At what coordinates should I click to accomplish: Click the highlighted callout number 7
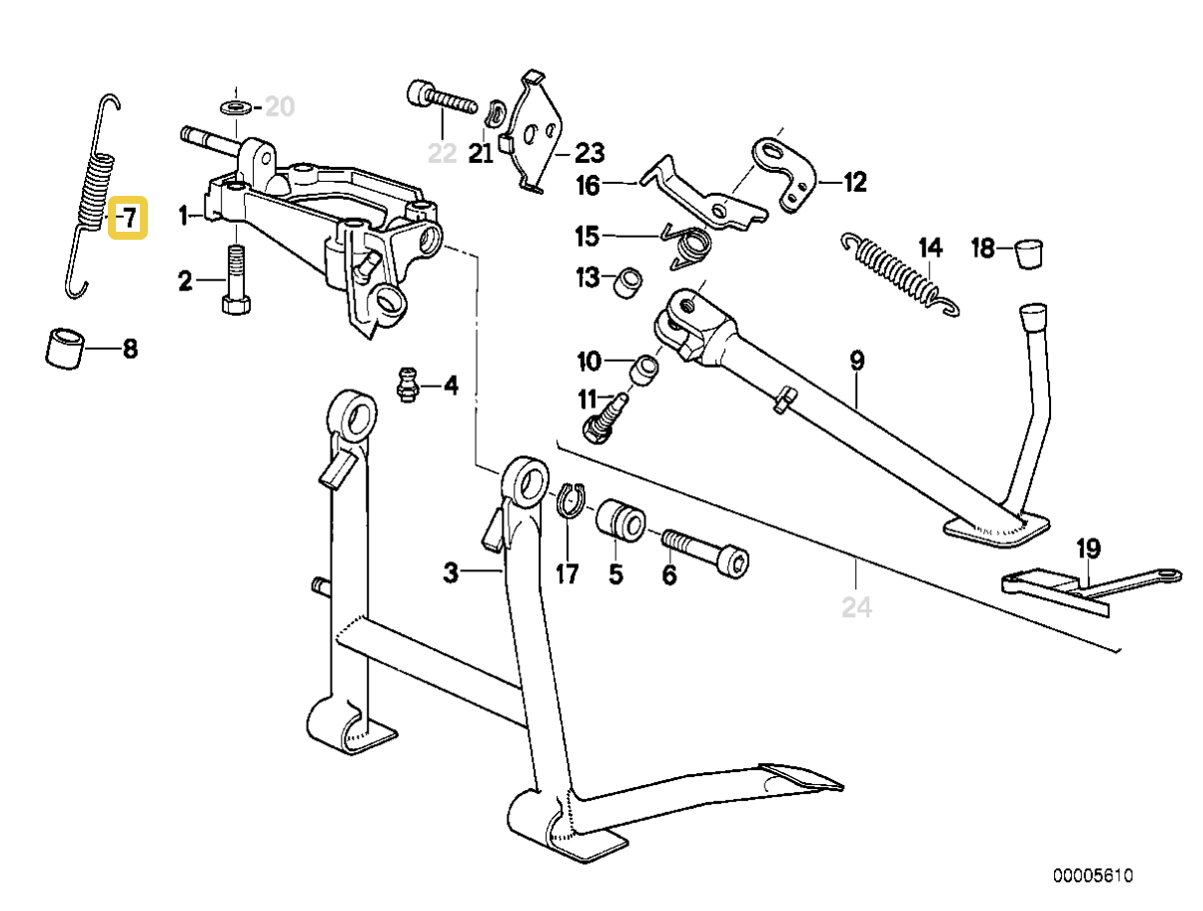pyautogui.click(x=129, y=218)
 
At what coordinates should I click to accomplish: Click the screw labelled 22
pyautogui.click(x=441, y=102)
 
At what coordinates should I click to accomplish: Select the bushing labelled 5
pyautogui.click(x=619, y=522)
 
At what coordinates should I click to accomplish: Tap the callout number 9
pyautogui.click(x=856, y=361)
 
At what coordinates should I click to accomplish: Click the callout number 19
pyautogui.click(x=1087, y=547)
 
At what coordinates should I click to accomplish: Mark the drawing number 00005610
pyautogui.click(x=1093, y=875)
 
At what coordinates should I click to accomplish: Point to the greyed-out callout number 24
pyautogui.click(x=856, y=606)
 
